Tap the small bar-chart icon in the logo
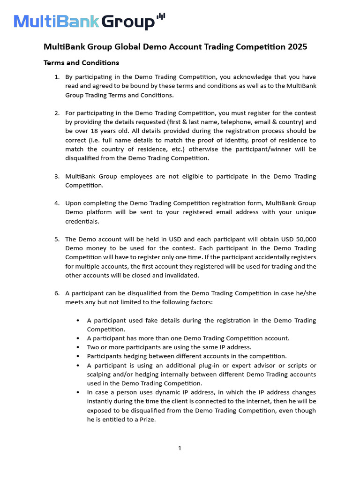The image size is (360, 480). (x=161, y=17)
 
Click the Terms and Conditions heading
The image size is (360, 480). (x=81, y=63)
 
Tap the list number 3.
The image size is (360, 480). (x=56, y=176)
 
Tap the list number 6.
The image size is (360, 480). (x=56, y=293)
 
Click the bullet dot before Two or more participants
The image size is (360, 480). (x=78, y=347)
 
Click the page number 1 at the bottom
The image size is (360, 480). (x=180, y=449)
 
